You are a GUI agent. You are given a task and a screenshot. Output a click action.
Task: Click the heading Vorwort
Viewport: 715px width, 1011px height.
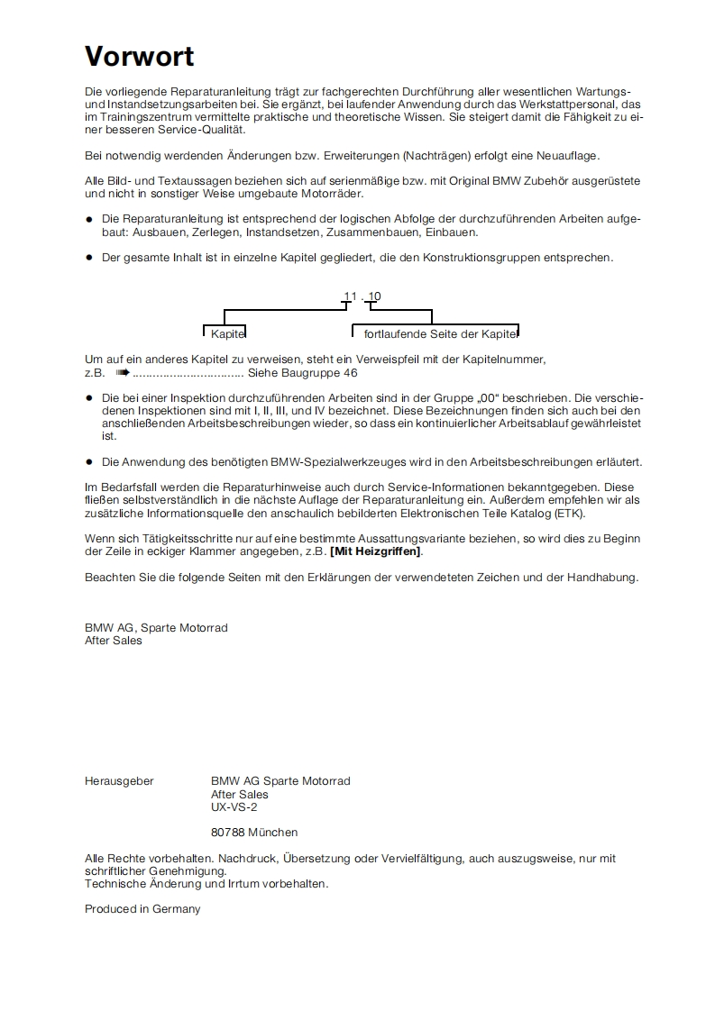click(139, 57)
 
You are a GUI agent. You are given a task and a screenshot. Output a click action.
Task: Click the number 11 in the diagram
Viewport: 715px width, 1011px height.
click(350, 296)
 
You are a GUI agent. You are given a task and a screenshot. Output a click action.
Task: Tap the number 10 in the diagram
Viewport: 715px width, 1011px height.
click(374, 296)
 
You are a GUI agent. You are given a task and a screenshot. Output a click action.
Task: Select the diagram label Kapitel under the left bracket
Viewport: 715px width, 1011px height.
click(228, 334)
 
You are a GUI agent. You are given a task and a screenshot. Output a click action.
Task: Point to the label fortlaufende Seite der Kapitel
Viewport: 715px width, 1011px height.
click(440, 334)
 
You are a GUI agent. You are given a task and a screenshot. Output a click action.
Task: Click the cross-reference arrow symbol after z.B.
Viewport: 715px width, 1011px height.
click(123, 371)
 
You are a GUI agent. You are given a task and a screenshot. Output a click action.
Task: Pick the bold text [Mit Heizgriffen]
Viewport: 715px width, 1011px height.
click(376, 551)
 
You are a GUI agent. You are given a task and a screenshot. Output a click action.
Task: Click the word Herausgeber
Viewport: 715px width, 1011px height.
click(119, 781)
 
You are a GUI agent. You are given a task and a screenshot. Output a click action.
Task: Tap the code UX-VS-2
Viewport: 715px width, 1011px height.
click(234, 807)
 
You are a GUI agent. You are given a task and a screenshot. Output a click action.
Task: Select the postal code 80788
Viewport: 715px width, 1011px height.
click(227, 833)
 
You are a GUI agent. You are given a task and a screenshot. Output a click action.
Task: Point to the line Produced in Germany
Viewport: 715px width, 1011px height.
click(142, 909)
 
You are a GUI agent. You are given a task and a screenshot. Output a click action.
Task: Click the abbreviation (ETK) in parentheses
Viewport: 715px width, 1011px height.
click(569, 514)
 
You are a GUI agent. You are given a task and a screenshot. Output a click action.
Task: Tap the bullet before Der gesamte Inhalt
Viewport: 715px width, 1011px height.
click(89, 258)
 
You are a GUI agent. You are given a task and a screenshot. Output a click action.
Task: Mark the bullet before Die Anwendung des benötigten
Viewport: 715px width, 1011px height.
click(89, 462)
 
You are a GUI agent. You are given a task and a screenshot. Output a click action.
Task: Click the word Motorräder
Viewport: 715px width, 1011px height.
click(333, 194)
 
